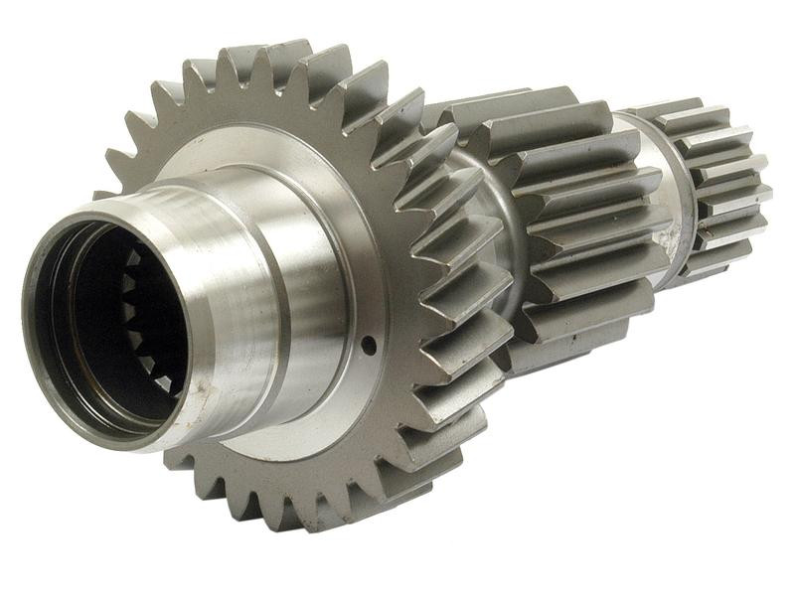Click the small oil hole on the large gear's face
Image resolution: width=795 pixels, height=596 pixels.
369,345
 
